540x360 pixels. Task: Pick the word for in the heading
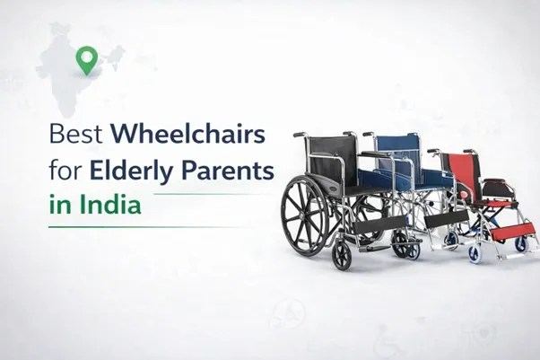[x=63, y=170]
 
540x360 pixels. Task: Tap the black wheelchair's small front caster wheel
[x=342, y=256]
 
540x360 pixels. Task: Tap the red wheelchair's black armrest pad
[x=494, y=180]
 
